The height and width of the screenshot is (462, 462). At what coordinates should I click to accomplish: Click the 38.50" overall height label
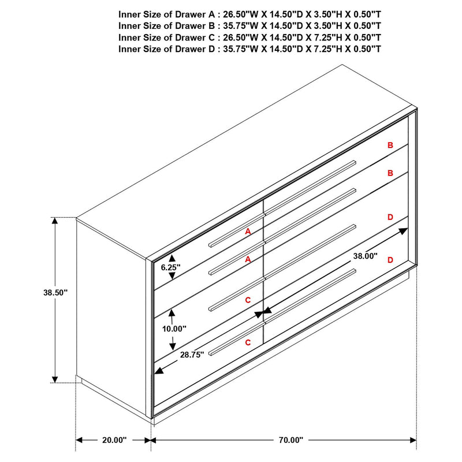55,293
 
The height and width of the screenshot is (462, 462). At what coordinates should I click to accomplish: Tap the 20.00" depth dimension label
114,440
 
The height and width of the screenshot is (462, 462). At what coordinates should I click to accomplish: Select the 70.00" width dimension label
290,440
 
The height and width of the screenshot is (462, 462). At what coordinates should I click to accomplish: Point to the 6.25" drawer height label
171,267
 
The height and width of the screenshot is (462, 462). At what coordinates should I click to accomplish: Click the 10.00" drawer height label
174,329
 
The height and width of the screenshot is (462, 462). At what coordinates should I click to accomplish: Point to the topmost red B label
390,146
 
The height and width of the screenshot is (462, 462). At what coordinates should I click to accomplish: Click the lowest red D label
390,260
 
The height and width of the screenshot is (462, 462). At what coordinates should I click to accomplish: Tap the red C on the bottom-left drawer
248,342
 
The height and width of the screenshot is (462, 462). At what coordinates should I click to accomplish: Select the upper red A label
248,231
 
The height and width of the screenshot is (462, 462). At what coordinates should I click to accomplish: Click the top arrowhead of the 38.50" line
55,221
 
